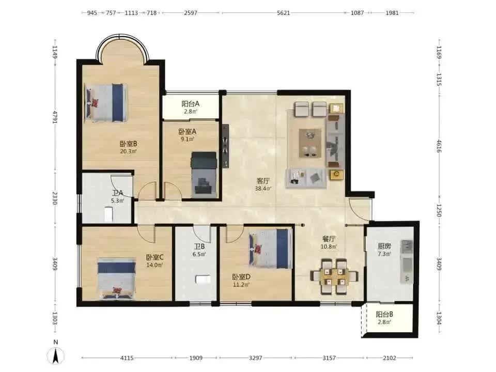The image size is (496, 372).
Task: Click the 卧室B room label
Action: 129,144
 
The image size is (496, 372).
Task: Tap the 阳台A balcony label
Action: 191,103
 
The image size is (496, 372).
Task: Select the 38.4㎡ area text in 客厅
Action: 263,189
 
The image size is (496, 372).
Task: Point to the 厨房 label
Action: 384,246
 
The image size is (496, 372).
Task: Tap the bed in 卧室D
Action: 270,249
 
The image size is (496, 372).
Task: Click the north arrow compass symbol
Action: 56,355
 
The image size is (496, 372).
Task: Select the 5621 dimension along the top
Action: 283,13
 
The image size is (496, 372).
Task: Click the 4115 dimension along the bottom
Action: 127,358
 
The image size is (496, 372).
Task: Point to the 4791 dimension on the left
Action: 55,117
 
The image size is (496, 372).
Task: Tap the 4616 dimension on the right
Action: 439,146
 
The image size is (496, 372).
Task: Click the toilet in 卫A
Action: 109,214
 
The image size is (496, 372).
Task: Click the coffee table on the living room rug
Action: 311,143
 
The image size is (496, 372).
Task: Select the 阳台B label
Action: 384,315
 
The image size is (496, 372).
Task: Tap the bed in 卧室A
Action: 204,174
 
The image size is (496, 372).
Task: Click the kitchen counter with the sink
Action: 407,261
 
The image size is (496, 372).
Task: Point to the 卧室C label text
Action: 154,257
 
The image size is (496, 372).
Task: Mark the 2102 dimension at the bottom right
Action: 390,358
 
